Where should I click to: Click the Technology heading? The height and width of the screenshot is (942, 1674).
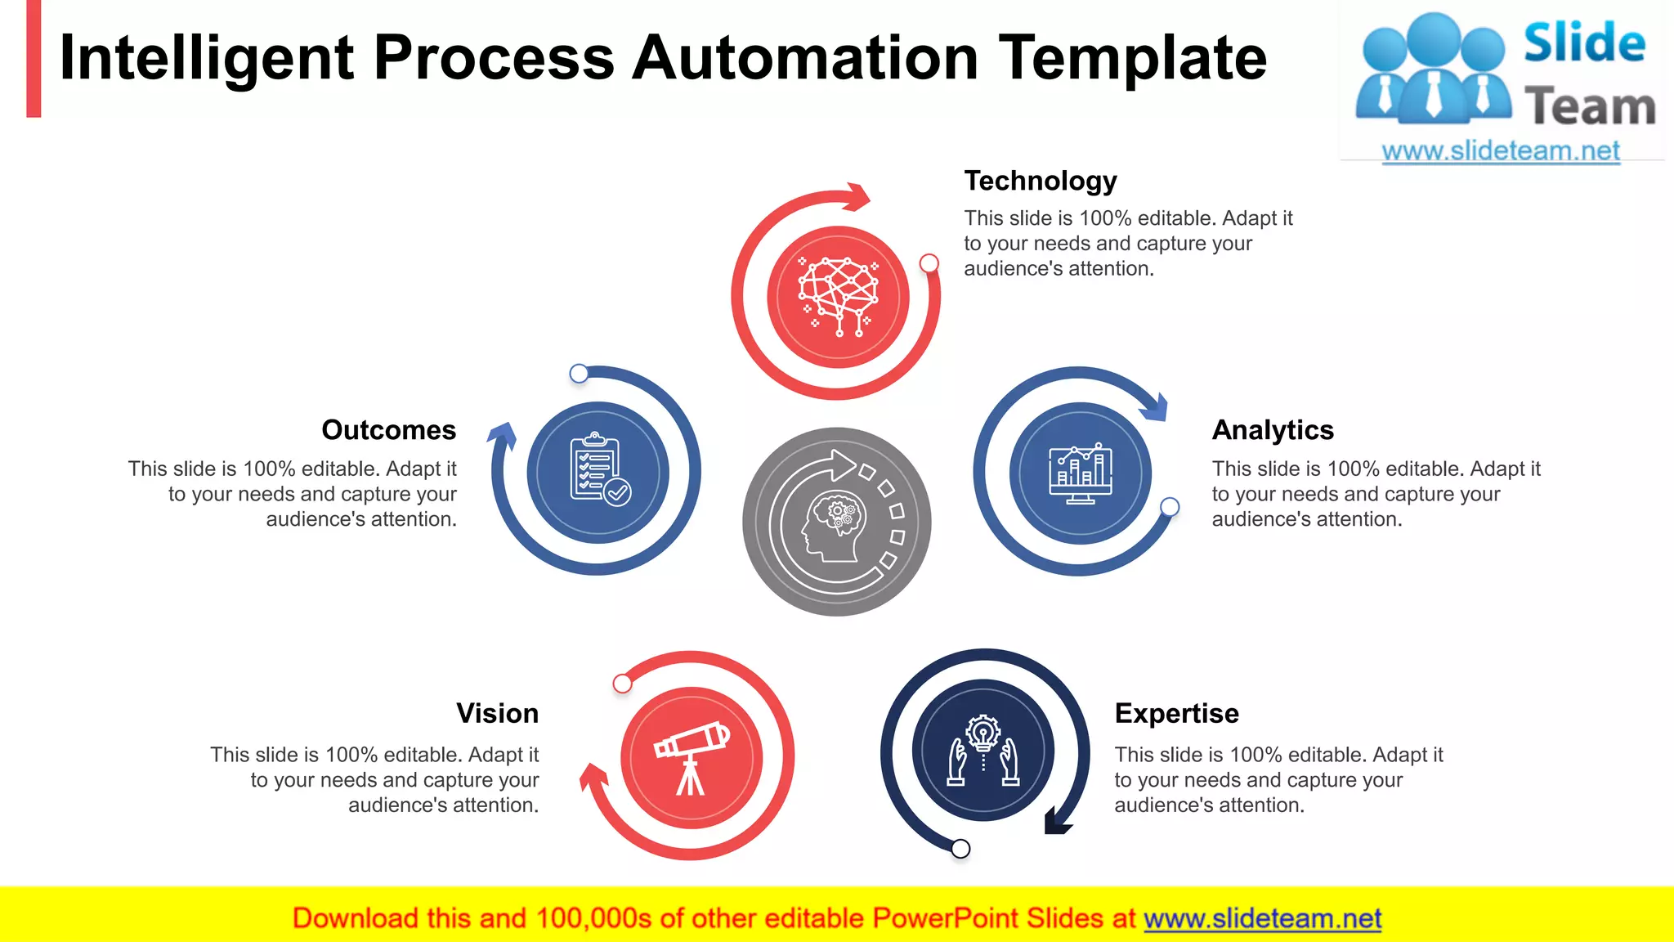click(x=1040, y=181)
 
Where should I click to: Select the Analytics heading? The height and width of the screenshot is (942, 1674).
click(x=1272, y=430)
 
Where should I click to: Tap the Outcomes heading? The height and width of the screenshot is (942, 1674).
click(x=388, y=430)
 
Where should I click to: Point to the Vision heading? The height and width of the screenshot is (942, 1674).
click(x=497, y=713)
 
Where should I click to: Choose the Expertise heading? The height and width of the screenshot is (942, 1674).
click(x=1176, y=713)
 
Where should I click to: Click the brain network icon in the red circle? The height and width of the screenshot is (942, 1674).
click(x=838, y=297)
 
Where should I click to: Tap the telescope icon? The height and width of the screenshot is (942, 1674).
click(x=692, y=757)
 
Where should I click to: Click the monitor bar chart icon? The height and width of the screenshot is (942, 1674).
click(x=1080, y=473)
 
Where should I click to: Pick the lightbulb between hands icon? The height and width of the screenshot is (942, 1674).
click(x=983, y=751)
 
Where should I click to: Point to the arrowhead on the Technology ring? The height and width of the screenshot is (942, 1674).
click(x=857, y=196)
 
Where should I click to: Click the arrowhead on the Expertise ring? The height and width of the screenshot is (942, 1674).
click(x=1057, y=821)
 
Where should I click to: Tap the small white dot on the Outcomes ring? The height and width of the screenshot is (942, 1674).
click(x=579, y=374)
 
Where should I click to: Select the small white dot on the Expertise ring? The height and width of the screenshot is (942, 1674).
click(x=961, y=849)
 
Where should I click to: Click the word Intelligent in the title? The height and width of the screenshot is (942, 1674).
click(x=207, y=59)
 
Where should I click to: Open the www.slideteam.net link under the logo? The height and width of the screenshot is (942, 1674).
click(x=1500, y=151)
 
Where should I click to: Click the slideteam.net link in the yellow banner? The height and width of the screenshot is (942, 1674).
click(x=1262, y=919)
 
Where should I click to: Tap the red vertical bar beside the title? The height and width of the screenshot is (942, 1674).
click(x=34, y=59)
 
